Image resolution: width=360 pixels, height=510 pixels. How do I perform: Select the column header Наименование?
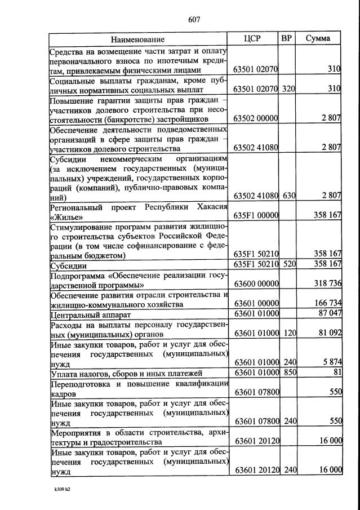(x=137, y=39)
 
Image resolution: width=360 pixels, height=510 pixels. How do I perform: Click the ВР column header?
(x=287, y=39)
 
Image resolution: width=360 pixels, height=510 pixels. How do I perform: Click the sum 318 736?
(x=327, y=283)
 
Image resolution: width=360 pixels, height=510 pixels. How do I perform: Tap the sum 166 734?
(x=327, y=304)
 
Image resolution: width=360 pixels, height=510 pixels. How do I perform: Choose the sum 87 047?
(x=329, y=313)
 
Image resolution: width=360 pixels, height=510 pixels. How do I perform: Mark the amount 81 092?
(x=330, y=333)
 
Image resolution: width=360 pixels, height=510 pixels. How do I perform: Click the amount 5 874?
(x=331, y=363)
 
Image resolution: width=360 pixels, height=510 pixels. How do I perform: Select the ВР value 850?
(x=288, y=373)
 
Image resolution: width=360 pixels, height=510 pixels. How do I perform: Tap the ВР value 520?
(x=288, y=264)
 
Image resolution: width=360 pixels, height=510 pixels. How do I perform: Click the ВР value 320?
(x=288, y=88)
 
